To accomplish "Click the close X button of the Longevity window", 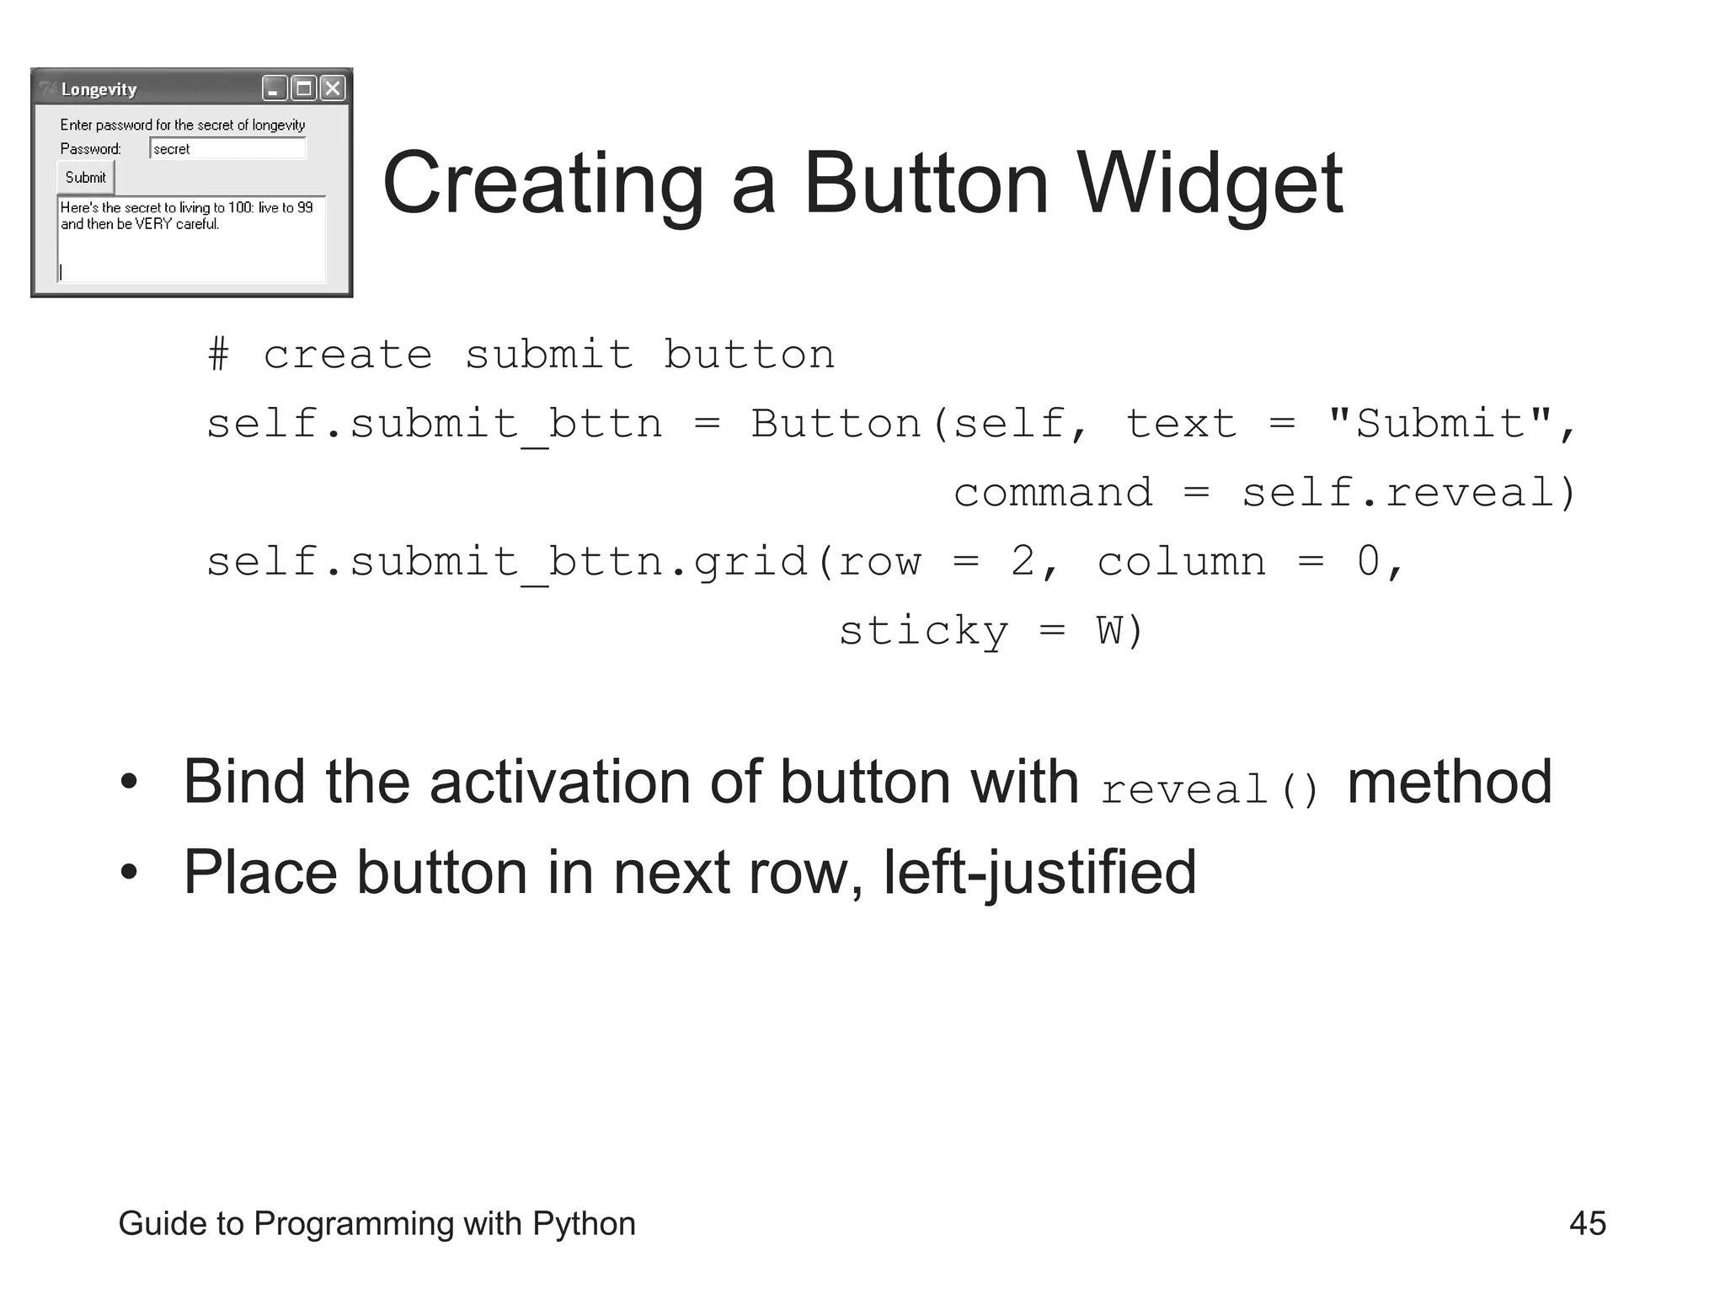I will click(x=334, y=88).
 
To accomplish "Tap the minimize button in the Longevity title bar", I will click(x=274, y=88).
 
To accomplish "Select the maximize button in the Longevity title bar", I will click(x=304, y=88).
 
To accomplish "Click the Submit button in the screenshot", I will click(x=86, y=178).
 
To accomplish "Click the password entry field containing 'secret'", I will click(x=227, y=149).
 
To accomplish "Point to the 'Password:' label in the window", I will click(x=91, y=149).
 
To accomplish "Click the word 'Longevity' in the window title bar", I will click(x=99, y=89).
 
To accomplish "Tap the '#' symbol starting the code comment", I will click(x=218, y=354).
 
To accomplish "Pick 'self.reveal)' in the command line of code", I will click(x=1407, y=492).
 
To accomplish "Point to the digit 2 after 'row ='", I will click(x=1023, y=561).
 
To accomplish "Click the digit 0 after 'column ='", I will click(x=1369, y=561).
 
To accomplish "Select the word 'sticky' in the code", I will click(x=923, y=630).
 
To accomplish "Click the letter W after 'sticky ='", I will click(x=1109, y=630).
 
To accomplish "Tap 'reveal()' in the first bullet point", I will click(x=1210, y=789).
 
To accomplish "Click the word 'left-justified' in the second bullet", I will click(x=1039, y=872).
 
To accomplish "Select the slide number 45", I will click(x=1588, y=1223).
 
